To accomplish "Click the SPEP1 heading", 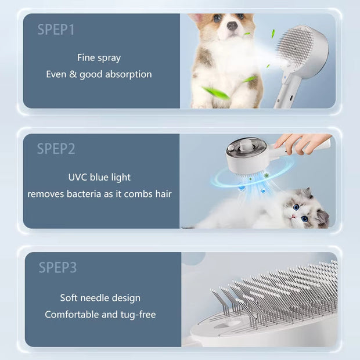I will (56, 29).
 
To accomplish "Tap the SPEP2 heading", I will (56, 149).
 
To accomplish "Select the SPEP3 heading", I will (57, 268).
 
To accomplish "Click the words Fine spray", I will (99, 57).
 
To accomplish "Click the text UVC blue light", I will (99, 177).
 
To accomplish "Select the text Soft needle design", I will (100, 298).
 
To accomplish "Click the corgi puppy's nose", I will (232, 26).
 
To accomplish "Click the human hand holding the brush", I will (299, 142).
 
